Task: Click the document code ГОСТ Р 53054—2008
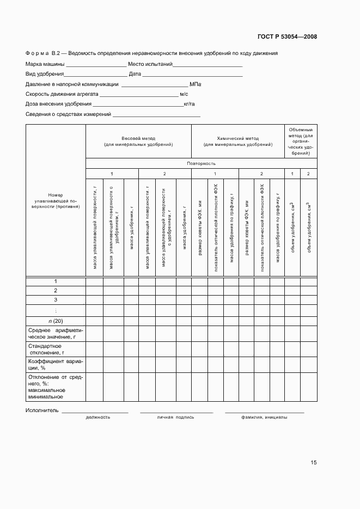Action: [286, 37]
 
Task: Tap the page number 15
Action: [314, 463]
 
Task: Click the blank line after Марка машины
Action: [96, 65]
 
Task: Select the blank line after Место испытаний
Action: [208, 65]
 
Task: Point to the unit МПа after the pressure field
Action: [196, 84]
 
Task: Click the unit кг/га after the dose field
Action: [190, 104]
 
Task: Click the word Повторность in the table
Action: [201, 163]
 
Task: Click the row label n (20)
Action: [56, 321]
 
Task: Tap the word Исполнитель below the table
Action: [41, 410]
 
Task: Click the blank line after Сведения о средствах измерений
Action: [156, 114]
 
